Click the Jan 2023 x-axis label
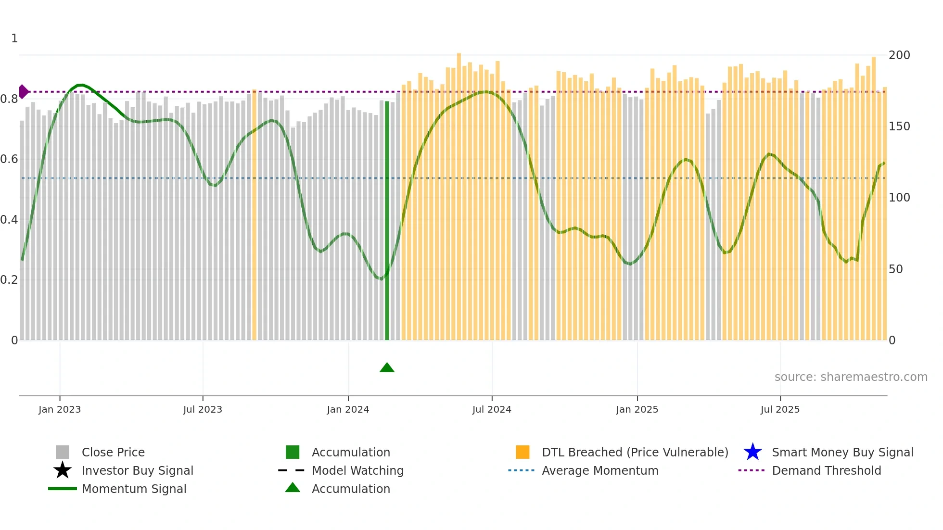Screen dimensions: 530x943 coord(60,410)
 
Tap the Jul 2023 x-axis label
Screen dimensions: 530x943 coord(203,410)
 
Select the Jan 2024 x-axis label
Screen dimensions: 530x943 coord(348,410)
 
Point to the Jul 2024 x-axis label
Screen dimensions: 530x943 coord(492,410)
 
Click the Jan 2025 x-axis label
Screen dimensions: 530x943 coord(637,410)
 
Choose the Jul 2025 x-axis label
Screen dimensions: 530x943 coord(780,410)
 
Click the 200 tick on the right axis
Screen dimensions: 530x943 coord(899,55)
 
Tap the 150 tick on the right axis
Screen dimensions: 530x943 coord(899,126)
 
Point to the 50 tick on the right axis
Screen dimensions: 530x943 coord(896,269)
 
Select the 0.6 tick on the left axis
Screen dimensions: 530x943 coord(9,159)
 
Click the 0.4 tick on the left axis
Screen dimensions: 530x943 coord(9,220)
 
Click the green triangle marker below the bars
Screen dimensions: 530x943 coord(387,368)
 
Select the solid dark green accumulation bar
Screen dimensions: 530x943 coord(387,221)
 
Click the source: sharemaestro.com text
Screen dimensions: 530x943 coord(851,377)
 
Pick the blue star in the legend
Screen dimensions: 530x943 coord(752,452)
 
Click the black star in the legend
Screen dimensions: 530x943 coord(63,470)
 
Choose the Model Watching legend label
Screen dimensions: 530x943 coord(357,471)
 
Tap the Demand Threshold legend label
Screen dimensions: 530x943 coord(826,471)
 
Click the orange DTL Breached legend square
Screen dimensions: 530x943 coord(522,452)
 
